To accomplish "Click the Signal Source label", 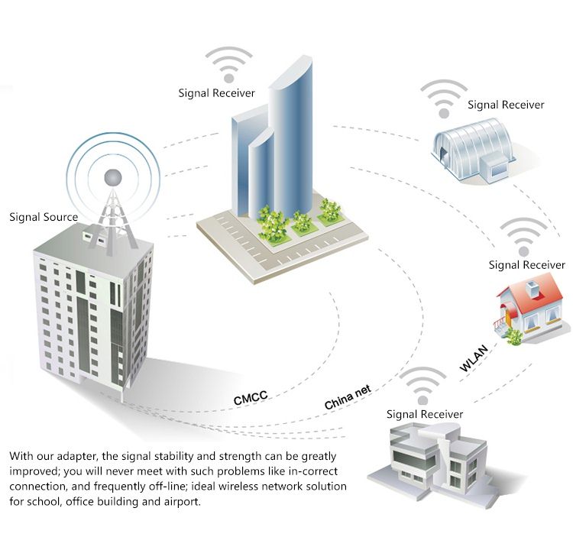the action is pos(44,217).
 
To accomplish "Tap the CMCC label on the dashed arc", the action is pos(251,397).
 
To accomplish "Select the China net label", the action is pos(348,396).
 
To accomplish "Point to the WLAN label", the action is pos(474,358).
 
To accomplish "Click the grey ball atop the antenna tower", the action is pos(113,177).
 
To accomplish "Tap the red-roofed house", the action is pos(530,309).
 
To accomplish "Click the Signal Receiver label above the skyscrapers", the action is pos(216,93).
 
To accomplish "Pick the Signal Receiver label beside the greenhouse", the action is pos(506,105).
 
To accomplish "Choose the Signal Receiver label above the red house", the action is pos(527,265).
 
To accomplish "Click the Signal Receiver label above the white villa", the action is pos(425,414).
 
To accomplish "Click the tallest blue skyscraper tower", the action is pos(291,139).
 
